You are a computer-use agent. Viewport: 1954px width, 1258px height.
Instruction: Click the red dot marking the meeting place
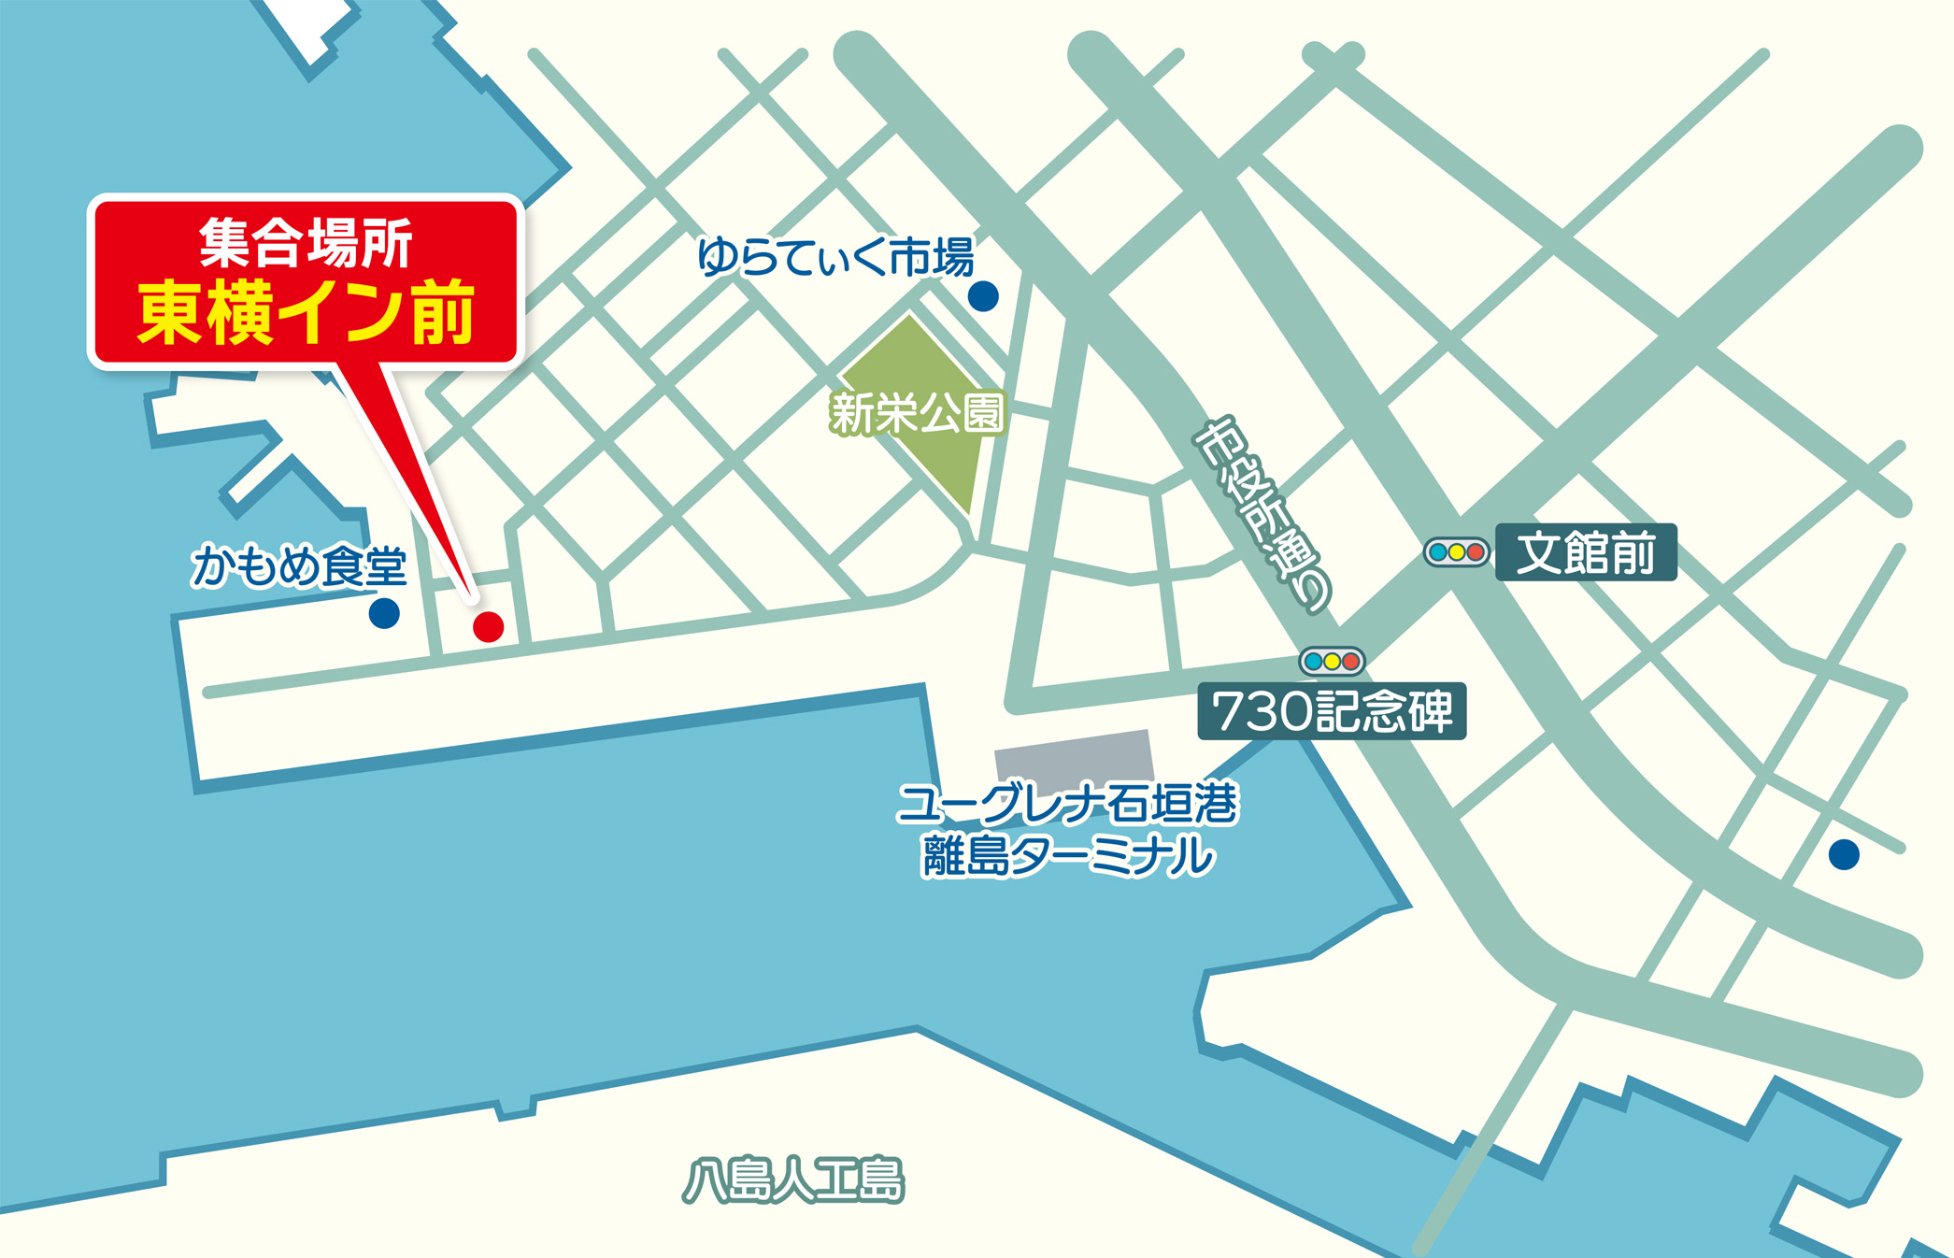(x=488, y=626)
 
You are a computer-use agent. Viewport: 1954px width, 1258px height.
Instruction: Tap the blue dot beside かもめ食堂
(x=384, y=613)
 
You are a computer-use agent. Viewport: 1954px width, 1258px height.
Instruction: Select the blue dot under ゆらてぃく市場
(x=982, y=296)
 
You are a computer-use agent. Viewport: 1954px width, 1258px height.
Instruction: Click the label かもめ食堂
(x=299, y=566)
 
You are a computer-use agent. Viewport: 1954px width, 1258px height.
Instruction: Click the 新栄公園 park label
(x=918, y=413)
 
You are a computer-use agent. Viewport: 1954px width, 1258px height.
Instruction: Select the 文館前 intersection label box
(x=1586, y=552)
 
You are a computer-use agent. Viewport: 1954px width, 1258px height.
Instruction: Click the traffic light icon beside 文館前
(x=1456, y=552)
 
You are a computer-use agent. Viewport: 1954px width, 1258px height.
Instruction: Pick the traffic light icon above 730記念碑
(x=1332, y=662)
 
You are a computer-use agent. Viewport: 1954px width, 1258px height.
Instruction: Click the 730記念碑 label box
(x=1332, y=712)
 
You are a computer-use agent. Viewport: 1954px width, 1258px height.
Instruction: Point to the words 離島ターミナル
(x=1067, y=856)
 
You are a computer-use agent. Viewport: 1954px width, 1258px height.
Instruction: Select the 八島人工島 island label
(x=793, y=1180)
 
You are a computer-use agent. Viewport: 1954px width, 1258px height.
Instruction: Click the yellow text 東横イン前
(x=307, y=313)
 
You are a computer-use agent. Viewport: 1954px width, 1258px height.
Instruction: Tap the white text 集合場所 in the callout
(x=307, y=243)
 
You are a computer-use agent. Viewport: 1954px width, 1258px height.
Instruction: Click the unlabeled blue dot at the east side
(x=1844, y=854)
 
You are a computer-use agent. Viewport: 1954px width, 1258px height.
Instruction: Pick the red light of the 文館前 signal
(x=1476, y=552)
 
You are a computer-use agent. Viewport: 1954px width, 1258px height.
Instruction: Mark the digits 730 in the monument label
(x=1260, y=712)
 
